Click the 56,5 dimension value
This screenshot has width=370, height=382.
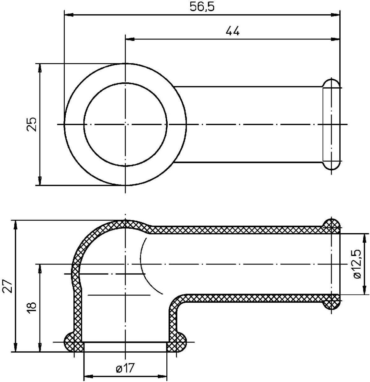202,7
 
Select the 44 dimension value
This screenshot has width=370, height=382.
232,31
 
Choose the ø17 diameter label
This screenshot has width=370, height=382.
125,369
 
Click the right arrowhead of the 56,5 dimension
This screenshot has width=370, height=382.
335,15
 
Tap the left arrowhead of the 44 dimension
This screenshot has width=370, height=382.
129,39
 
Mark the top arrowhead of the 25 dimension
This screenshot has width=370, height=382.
40,67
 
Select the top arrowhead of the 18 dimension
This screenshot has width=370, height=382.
40,268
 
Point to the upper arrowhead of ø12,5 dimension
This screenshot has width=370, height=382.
364,237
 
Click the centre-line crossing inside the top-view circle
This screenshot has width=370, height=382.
126,124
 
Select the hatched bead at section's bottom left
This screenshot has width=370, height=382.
71,342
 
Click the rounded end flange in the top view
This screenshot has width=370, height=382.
331,124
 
